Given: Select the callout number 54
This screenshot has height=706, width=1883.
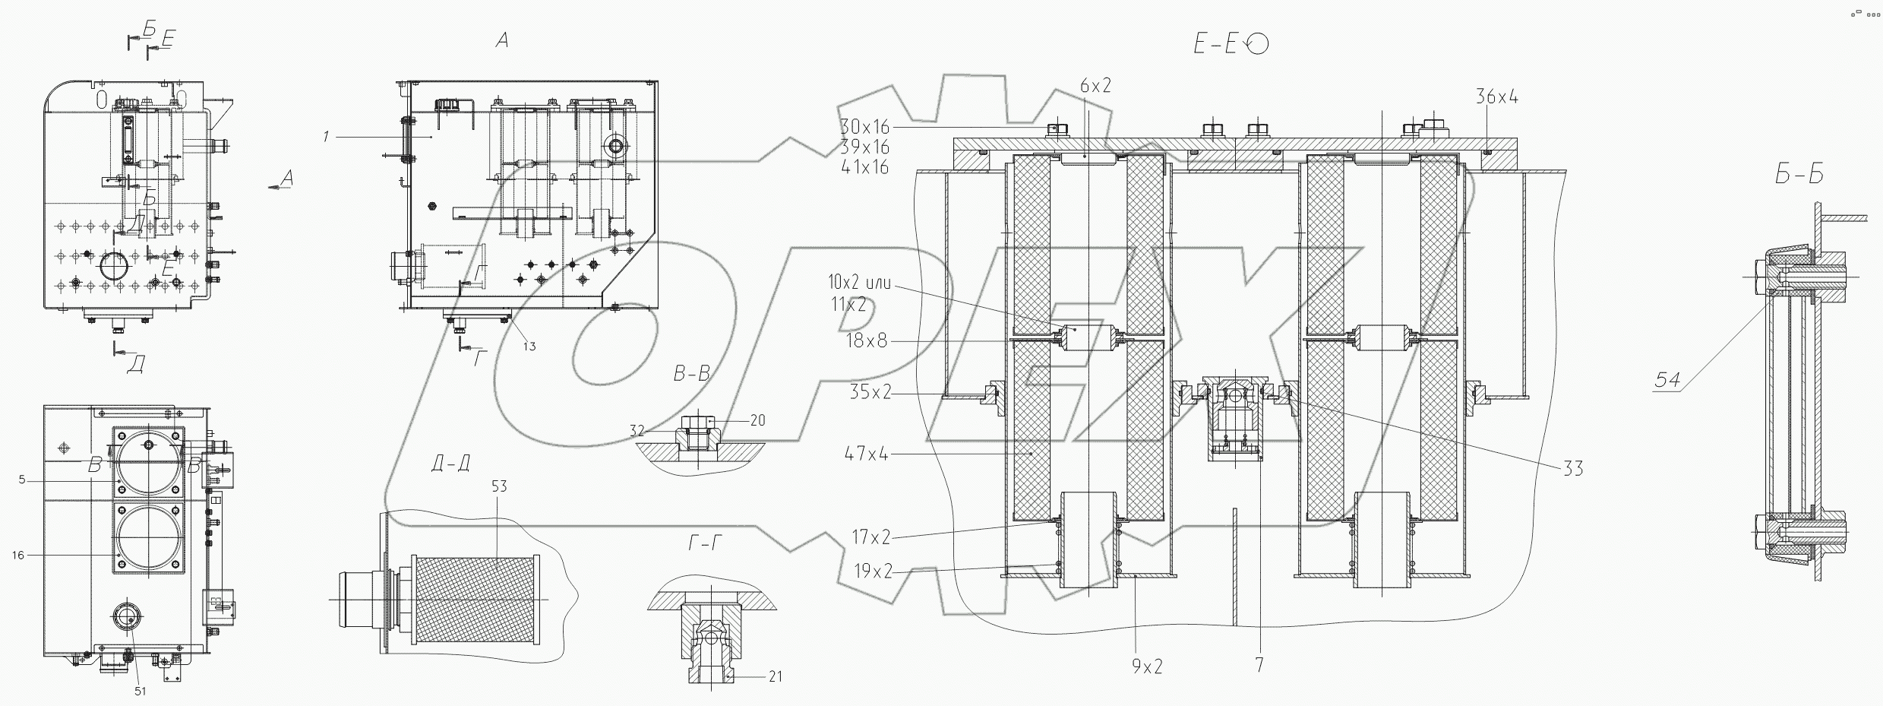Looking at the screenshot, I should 1667,379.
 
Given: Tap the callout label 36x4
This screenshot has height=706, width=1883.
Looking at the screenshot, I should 1496,97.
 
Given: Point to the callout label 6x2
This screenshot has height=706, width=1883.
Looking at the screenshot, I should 1095,87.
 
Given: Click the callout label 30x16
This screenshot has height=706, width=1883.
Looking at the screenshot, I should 864,127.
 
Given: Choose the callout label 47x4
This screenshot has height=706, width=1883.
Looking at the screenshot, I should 866,454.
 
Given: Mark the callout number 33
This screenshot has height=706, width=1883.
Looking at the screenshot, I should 1573,468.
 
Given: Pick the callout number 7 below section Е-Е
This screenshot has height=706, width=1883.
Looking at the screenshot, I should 1259,665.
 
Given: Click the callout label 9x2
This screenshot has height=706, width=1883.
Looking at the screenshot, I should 1147,666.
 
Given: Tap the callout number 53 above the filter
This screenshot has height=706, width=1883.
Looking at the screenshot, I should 498,486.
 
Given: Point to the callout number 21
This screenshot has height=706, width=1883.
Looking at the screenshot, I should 775,676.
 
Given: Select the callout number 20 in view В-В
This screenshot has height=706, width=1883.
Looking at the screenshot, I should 757,420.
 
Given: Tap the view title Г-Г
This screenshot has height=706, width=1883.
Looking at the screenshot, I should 706,564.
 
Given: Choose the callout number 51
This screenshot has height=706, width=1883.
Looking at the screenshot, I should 140,691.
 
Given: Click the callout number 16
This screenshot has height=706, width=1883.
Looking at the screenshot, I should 17,556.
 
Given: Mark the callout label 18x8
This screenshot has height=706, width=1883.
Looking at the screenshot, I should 866,341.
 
